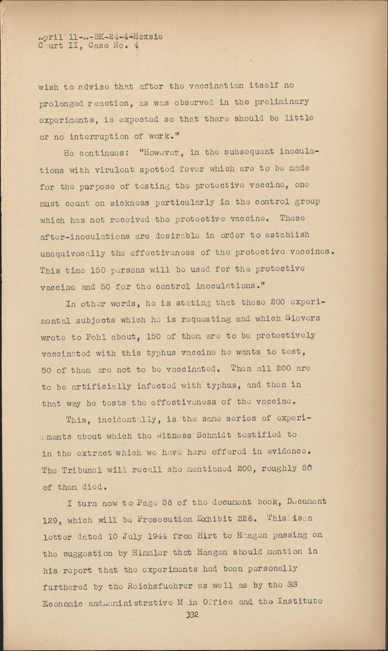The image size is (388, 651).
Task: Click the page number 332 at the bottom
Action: [192, 615]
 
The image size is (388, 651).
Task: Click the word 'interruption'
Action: [99, 137]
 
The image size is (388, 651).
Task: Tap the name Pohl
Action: [96, 337]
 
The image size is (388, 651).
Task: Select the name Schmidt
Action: [214, 435]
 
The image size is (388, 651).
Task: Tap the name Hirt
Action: [207, 536]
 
